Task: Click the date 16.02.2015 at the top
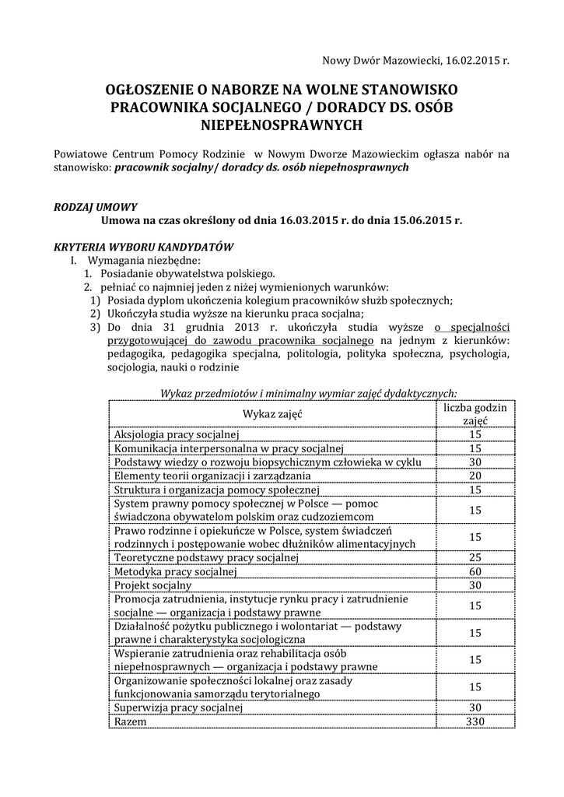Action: [x=473, y=60]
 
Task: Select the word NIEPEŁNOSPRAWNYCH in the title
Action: [x=282, y=124]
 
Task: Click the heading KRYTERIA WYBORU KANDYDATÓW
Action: [x=144, y=247]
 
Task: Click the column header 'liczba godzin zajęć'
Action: [x=475, y=413]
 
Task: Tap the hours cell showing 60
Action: [x=475, y=571]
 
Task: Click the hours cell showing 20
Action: [x=475, y=476]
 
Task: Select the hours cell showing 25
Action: [x=475, y=557]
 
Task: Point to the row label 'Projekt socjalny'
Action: [x=152, y=585]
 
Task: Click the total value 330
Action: [x=475, y=722]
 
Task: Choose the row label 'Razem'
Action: [x=131, y=722]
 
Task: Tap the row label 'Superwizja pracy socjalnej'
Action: [x=179, y=707]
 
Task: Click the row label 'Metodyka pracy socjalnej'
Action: [x=175, y=571]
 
